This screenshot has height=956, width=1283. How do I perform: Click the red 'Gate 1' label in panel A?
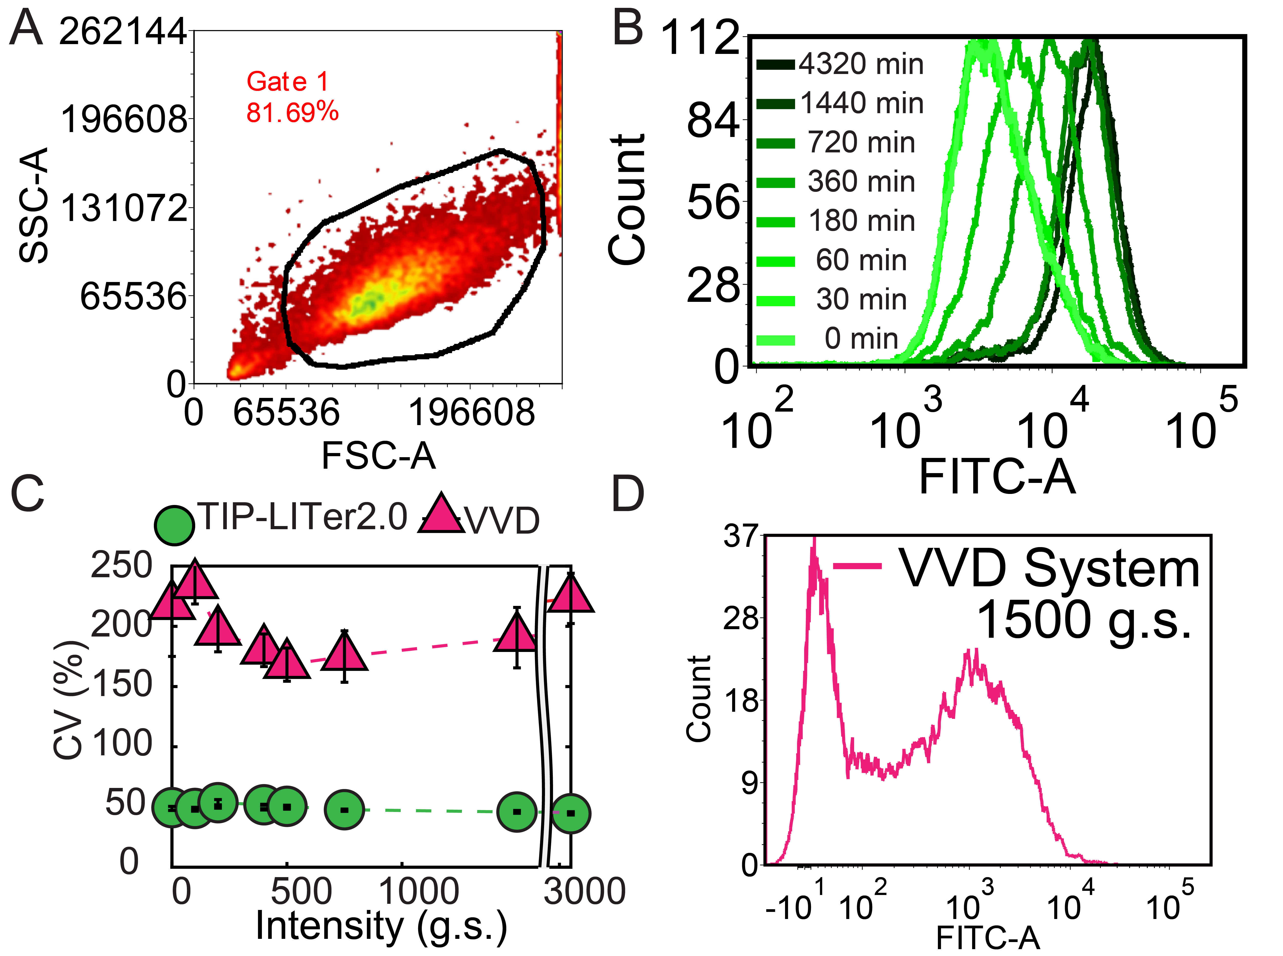(x=288, y=82)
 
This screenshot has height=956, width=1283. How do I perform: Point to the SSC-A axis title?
(x=34, y=206)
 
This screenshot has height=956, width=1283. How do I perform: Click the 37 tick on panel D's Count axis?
(x=740, y=536)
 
